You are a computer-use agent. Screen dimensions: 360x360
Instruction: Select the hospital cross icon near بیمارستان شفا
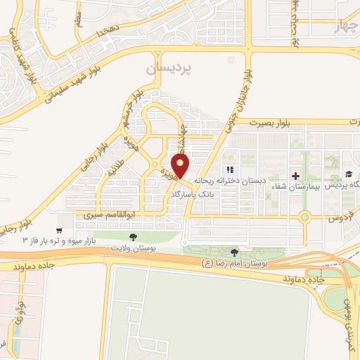(x=295, y=174)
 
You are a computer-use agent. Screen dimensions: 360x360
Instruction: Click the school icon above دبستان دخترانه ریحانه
(x=229, y=170)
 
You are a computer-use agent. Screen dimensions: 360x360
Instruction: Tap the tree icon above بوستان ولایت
(x=134, y=236)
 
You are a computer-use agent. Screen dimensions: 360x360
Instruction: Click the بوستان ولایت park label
(x=134, y=248)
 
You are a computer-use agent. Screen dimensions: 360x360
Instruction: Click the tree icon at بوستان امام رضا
(x=235, y=252)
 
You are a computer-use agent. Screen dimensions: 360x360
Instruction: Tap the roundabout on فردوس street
(x=304, y=217)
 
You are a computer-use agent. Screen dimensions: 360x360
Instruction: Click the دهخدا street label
(x=109, y=32)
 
